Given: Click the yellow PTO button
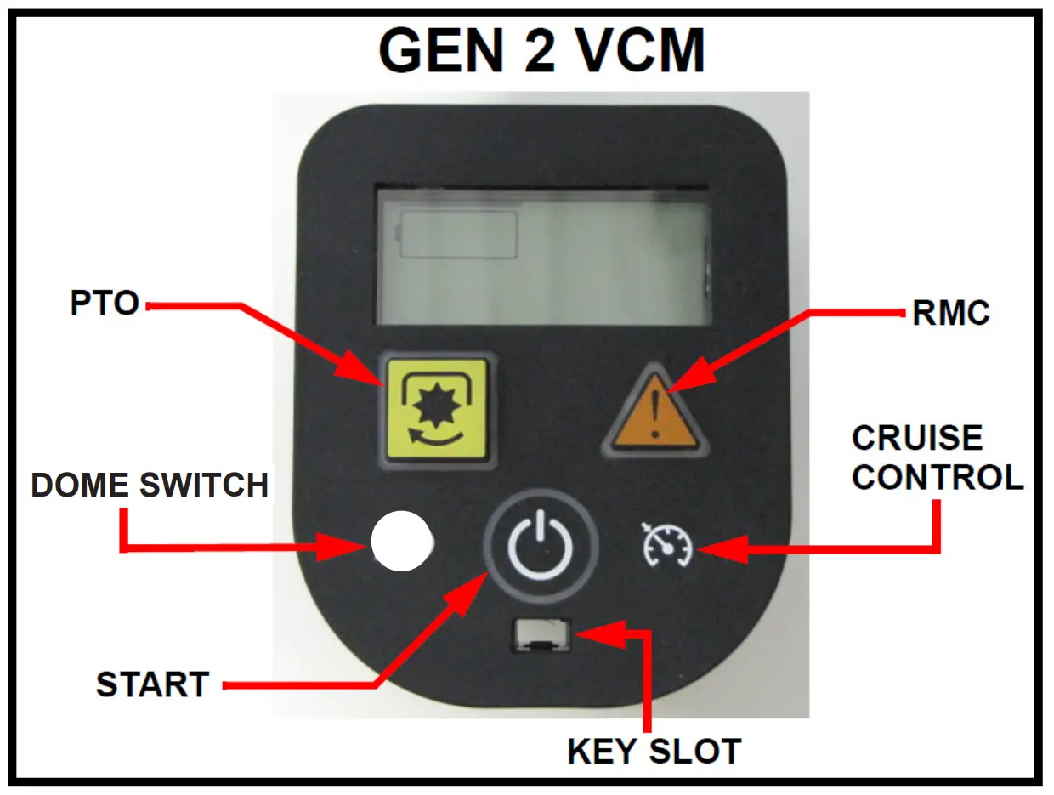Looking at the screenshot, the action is click(x=437, y=410).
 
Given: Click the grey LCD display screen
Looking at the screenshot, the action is click(x=544, y=254).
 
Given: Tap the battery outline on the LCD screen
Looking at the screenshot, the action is click(x=458, y=233).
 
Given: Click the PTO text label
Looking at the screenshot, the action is click(x=105, y=304).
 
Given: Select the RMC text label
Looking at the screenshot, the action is click(x=951, y=313).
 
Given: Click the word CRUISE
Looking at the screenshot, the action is click(x=917, y=438).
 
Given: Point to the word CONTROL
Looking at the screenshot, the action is click(x=938, y=477).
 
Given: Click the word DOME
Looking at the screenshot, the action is click(x=82, y=485).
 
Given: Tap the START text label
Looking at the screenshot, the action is click(x=153, y=684).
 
